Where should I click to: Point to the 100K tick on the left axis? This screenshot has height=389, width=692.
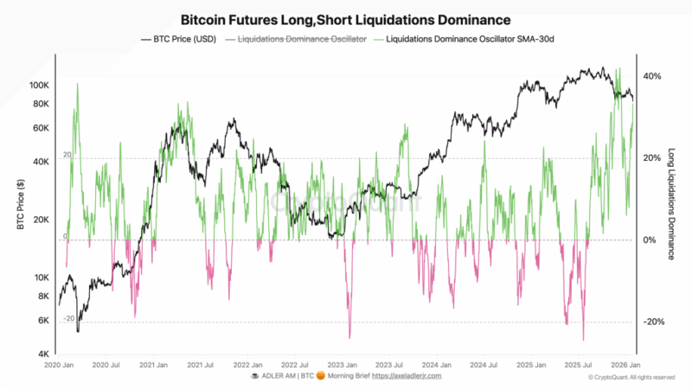pos(38,86)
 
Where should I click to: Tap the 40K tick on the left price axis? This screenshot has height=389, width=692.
pos(41,162)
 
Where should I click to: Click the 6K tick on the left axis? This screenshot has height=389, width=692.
pos(43,320)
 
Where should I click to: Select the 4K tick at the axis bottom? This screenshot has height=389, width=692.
pos(43,354)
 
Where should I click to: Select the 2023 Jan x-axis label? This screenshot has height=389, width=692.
pos(343,366)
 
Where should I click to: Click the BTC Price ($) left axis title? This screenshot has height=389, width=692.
pos(19,205)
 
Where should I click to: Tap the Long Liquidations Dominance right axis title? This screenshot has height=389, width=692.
pos(671,204)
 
